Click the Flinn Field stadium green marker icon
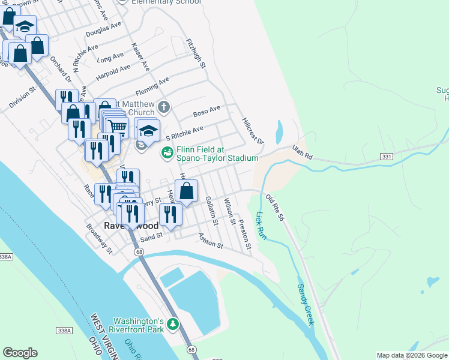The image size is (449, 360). [x=167, y=154]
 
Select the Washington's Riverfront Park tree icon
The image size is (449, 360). [x=173, y=325]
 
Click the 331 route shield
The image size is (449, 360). [x=387, y=156]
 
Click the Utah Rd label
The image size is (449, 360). [x=303, y=152]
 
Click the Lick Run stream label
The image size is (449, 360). [x=261, y=226]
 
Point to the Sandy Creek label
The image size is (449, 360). [x=306, y=305]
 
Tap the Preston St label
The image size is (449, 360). [x=244, y=235]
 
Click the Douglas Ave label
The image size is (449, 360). [x=103, y=29]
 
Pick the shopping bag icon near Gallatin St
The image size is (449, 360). [x=187, y=192]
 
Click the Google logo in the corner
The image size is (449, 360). [x=20, y=353]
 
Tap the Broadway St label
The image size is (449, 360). [x=99, y=239]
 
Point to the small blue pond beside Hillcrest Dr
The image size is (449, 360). [x=280, y=130]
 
